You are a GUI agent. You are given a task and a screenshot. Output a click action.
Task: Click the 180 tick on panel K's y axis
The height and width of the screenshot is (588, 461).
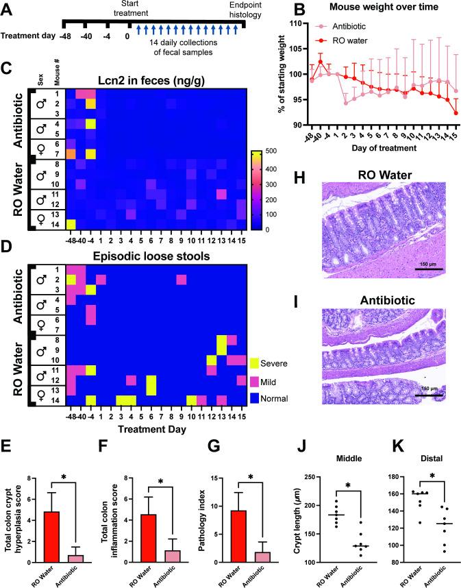point(394,476)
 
